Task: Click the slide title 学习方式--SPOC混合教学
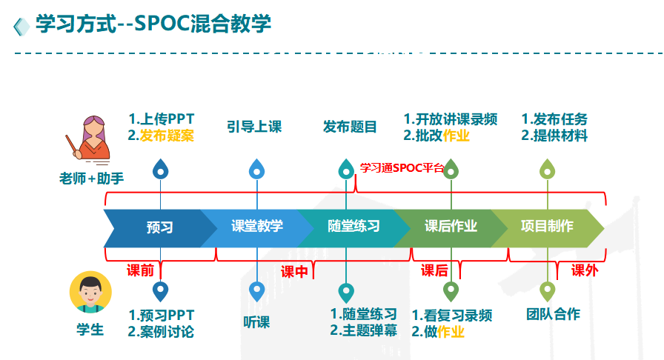tap(153, 24)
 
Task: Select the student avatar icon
tap(90, 291)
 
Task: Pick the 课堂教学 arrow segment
tap(256, 227)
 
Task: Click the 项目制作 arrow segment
tap(547, 227)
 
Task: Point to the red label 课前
tap(141, 270)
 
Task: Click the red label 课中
tap(294, 272)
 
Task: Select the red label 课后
tap(434, 270)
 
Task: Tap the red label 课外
tap(584, 270)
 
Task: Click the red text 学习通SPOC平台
tap(401, 168)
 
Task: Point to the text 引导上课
tap(254, 127)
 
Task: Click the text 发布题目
tap(350, 127)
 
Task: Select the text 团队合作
tap(553, 314)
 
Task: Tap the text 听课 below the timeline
tap(256, 321)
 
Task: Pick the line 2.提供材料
tap(554, 136)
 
